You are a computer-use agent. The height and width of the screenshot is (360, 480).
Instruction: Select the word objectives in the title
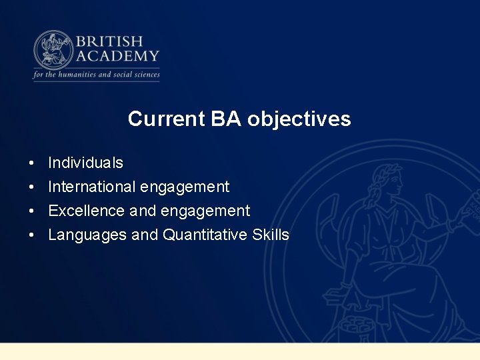(299, 119)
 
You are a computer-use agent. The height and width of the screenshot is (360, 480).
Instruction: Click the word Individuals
(85, 163)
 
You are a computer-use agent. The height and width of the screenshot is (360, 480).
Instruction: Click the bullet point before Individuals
(31, 163)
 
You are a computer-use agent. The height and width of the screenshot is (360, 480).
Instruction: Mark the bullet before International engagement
(31, 187)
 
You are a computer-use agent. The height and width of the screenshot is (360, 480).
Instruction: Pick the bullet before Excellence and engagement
(31, 211)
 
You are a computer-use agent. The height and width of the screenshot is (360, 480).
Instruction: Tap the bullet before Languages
(31, 235)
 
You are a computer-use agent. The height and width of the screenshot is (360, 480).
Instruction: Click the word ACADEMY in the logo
(117, 56)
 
